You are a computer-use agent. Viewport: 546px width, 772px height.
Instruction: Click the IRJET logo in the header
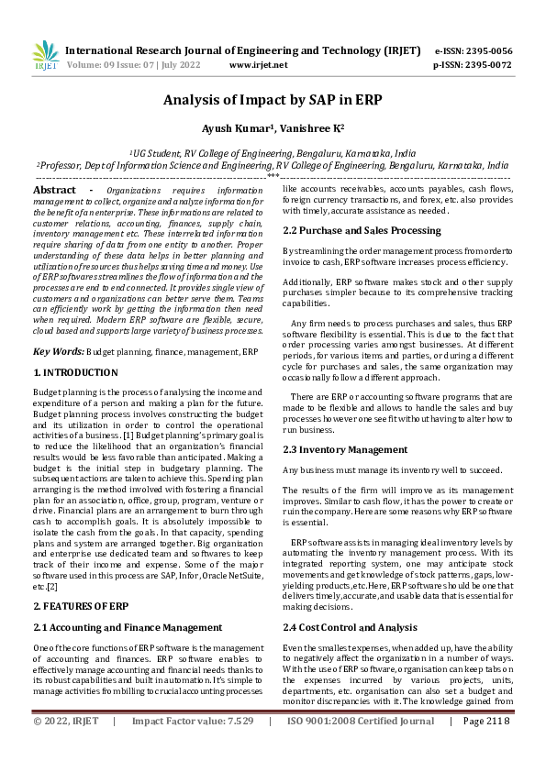(x=45, y=57)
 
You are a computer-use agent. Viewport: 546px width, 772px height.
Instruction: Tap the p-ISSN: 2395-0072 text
(x=473, y=65)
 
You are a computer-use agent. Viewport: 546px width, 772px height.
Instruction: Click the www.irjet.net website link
(x=258, y=65)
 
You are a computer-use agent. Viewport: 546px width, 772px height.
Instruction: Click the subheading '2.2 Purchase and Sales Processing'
(x=362, y=230)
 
